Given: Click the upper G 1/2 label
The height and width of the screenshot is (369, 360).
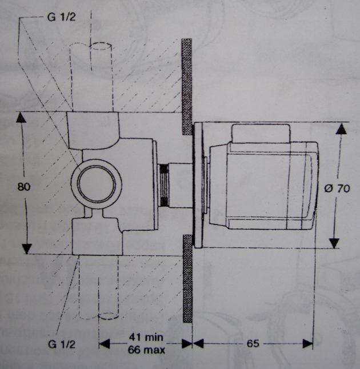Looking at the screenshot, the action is pyautogui.click(x=62, y=17).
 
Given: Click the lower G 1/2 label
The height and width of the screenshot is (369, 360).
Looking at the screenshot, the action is pyautogui.click(x=62, y=344).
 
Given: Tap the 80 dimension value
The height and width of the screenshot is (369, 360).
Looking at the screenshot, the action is pyautogui.click(x=24, y=187).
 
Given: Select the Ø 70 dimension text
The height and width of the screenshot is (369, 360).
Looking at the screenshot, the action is pyautogui.click(x=337, y=188).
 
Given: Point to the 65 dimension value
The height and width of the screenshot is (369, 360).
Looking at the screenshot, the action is pyautogui.click(x=253, y=344).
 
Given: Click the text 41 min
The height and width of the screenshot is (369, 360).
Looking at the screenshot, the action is pyautogui.click(x=146, y=338).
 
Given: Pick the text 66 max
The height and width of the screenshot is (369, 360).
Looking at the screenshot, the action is pyautogui.click(x=146, y=350).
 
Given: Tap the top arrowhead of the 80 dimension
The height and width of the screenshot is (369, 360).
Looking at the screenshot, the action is pyautogui.click(x=21, y=117).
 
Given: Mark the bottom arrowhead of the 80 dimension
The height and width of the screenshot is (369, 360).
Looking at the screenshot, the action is pyautogui.click(x=27, y=248).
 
